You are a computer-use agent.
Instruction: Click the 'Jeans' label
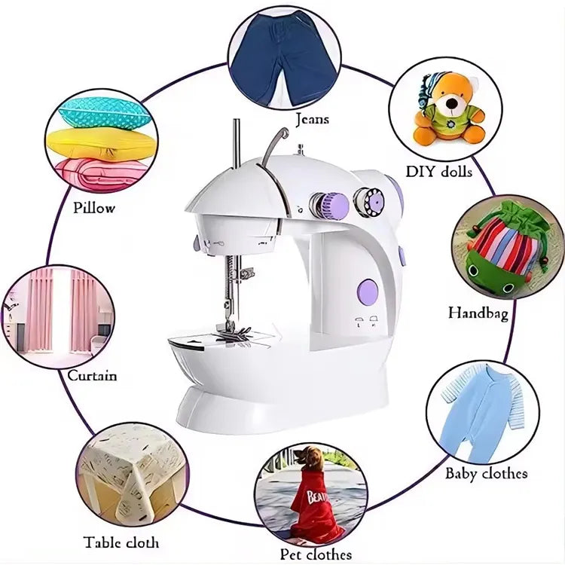coord(312,119)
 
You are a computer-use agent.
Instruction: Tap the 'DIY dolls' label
coord(439,172)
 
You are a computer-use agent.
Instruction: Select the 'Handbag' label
coord(478,312)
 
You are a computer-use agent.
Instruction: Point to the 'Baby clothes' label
coord(486,473)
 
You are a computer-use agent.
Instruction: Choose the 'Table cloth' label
coord(121,542)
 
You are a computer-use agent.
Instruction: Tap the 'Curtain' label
coord(92,375)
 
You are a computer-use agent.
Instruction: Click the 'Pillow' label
coord(95,207)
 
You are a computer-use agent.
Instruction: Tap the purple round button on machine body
coord(367,292)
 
